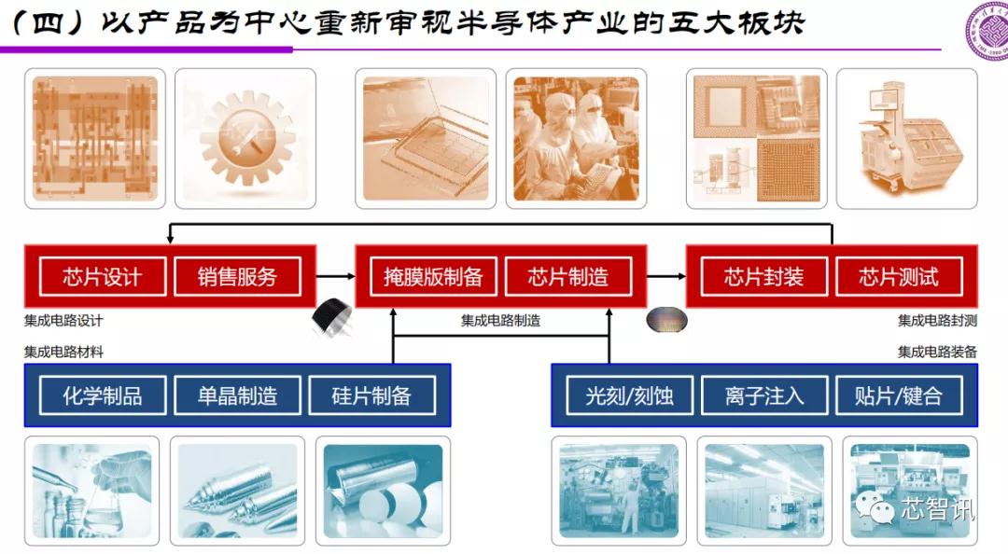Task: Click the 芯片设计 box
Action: pyautogui.click(x=103, y=277)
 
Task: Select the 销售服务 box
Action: pyautogui.click(x=237, y=277)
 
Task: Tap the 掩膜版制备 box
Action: pyautogui.click(x=433, y=277)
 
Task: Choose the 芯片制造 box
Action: pyautogui.click(x=567, y=277)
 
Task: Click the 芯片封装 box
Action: pyautogui.click(x=763, y=277)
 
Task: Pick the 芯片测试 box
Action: pyautogui.click(x=898, y=277)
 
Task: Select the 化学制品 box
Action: pyautogui.click(x=103, y=395)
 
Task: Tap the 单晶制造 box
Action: pyautogui.click(x=237, y=395)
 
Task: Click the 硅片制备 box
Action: pyautogui.click(x=371, y=395)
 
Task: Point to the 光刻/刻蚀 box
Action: pyautogui.click(x=629, y=395)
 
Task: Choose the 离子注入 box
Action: pyautogui.click(x=763, y=395)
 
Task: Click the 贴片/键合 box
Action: pyautogui.click(x=898, y=395)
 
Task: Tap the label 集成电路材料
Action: pyautogui.click(x=63, y=352)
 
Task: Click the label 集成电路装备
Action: pyautogui.click(x=937, y=352)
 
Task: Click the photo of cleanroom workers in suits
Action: pyautogui.click(x=578, y=138)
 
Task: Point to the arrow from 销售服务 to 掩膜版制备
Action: pyautogui.click(x=336, y=276)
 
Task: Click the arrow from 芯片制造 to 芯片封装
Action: pyautogui.click(x=666, y=276)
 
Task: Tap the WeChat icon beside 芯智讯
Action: pyautogui.click(x=877, y=509)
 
